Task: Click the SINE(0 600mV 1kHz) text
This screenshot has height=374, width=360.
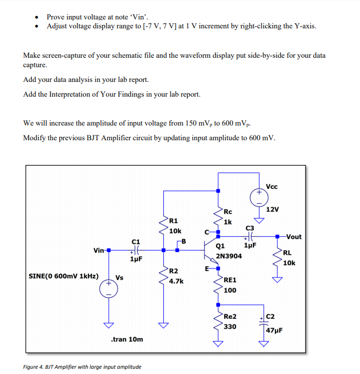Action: point(63,275)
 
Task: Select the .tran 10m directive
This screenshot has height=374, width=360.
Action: point(127,339)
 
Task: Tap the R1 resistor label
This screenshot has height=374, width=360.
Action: point(175,221)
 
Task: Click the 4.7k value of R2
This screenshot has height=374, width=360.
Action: point(176,281)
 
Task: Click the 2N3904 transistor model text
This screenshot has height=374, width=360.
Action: point(229,256)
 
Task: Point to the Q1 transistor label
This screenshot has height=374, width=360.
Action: point(220,246)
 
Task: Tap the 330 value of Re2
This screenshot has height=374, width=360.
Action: point(230,326)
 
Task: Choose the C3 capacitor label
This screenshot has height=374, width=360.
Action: point(250,228)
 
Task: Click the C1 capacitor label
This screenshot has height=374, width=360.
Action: point(135,241)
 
